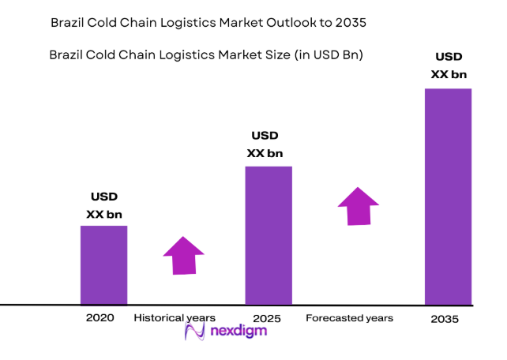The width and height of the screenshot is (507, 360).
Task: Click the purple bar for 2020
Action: [103, 264]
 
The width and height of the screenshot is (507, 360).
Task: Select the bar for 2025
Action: [268, 235]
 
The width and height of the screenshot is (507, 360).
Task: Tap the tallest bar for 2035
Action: [448, 196]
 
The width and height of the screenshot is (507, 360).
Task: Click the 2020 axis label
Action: [100, 317]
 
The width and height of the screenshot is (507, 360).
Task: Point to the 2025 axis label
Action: [268, 317]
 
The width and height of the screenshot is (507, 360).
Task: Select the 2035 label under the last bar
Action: [445, 321]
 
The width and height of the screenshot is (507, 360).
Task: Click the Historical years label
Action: [175, 317]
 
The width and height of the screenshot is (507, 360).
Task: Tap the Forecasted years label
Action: [349, 317]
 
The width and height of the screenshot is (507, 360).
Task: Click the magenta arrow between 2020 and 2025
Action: [183, 255]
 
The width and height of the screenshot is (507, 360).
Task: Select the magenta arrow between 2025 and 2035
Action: [359, 206]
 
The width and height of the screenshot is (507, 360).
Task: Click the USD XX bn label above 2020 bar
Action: [103, 205]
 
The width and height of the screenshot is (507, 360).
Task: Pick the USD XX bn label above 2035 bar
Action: [450, 66]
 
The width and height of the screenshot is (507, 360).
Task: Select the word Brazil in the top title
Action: [69, 23]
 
